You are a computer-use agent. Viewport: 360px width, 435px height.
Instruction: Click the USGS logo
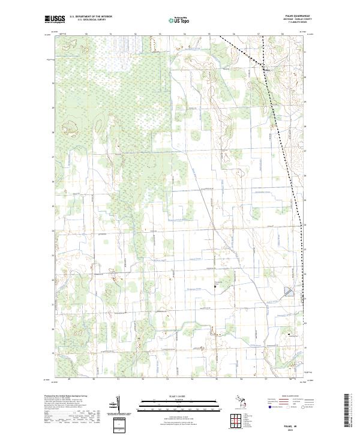tap(54, 19)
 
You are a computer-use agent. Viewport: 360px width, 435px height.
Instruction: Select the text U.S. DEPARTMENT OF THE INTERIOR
tap(91, 17)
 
